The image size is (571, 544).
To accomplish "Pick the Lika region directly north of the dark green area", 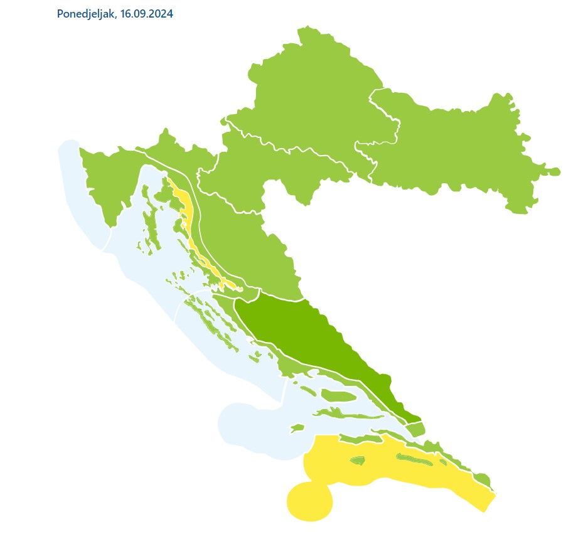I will click(x=251, y=251).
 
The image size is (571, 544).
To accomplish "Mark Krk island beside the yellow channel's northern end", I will click(x=166, y=195).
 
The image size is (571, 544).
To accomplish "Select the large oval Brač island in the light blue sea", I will click(x=339, y=395).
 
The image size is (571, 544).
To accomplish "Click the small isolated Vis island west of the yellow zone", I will click(x=297, y=429).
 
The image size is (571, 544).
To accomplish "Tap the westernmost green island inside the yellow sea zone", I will click(x=357, y=461).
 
